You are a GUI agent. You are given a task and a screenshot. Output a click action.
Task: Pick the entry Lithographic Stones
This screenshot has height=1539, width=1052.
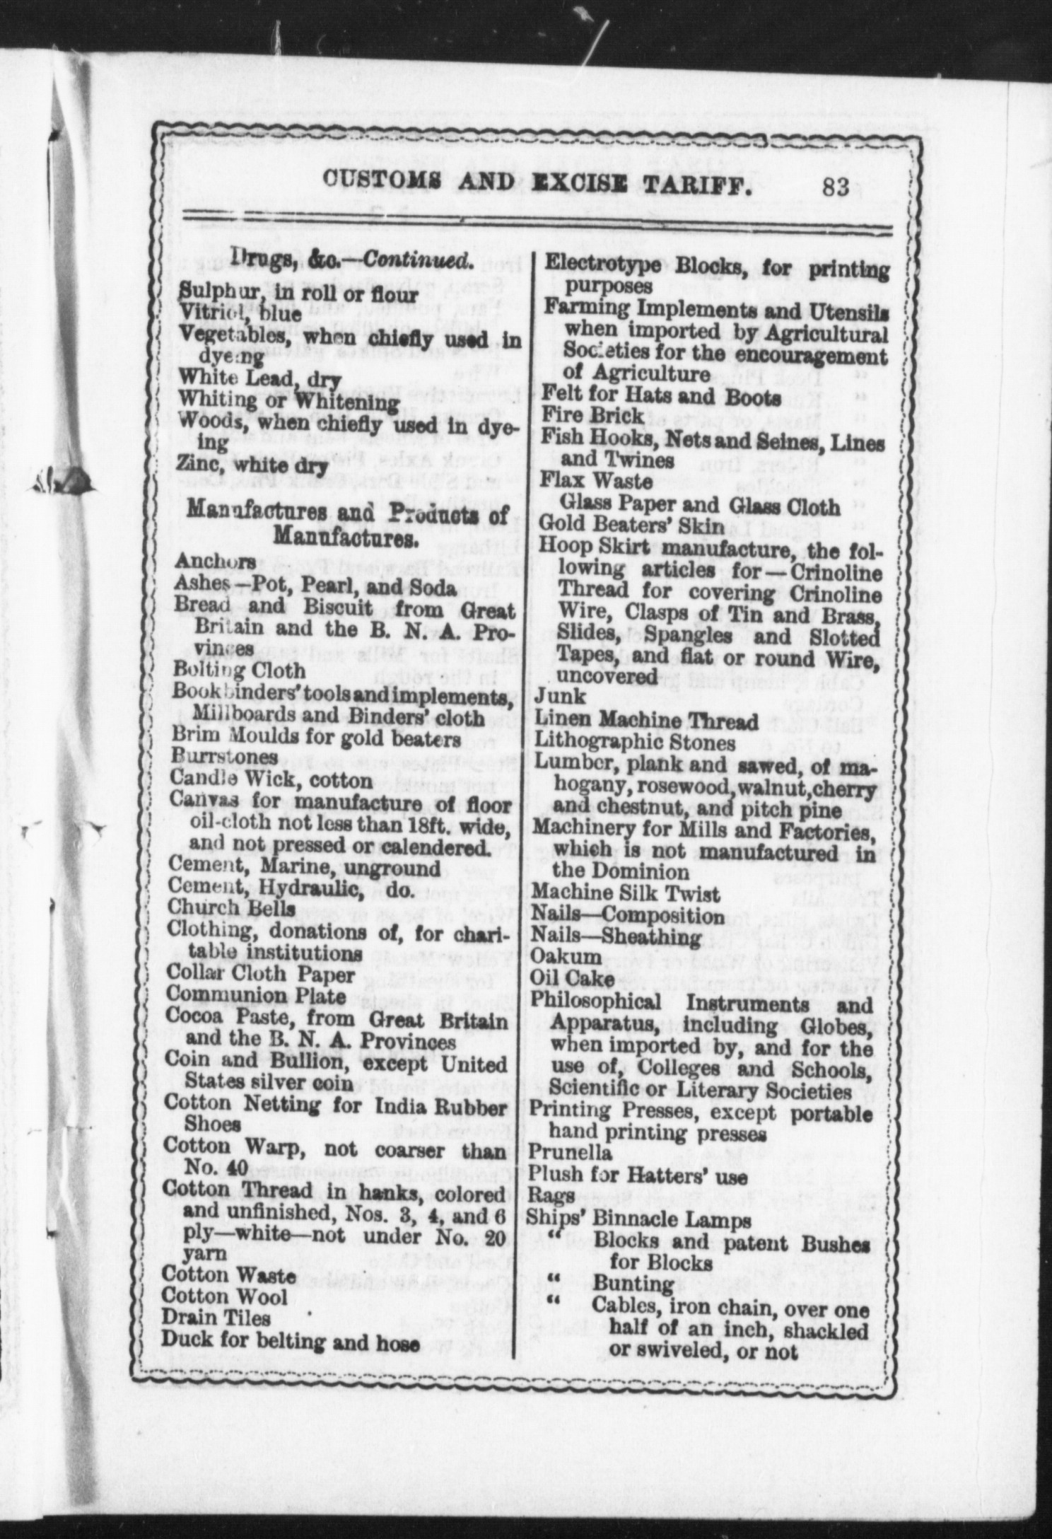[634, 743]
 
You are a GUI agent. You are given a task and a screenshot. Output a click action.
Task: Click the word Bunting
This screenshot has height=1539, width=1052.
[623, 1284]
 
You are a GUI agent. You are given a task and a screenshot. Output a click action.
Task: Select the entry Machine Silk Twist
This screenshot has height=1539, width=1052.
[626, 894]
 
